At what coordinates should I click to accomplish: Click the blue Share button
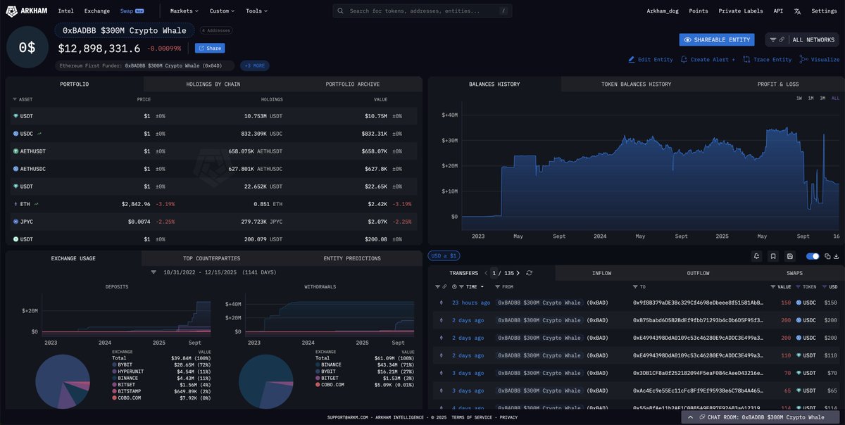tap(210, 49)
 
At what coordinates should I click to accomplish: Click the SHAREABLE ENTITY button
tap(717, 40)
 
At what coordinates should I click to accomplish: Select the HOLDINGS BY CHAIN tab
tap(213, 84)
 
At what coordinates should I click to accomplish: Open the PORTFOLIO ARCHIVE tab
tap(352, 84)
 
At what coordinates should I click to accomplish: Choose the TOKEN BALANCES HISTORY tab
tap(636, 84)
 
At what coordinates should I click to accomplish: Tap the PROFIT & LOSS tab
tap(778, 84)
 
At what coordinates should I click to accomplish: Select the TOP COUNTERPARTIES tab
tap(211, 258)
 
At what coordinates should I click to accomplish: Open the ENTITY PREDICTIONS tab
tap(352, 258)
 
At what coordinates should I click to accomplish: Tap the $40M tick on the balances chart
tap(449, 115)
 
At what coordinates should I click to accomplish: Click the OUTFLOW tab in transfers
tap(698, 273)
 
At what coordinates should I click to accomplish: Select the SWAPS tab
tap(795, 273)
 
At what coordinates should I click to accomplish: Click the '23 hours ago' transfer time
tap(471, 303)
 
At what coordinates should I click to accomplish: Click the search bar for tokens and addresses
tap(423, 11)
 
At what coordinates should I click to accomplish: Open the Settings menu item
tap(824, 11)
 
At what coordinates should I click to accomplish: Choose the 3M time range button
tap(822, 99)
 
